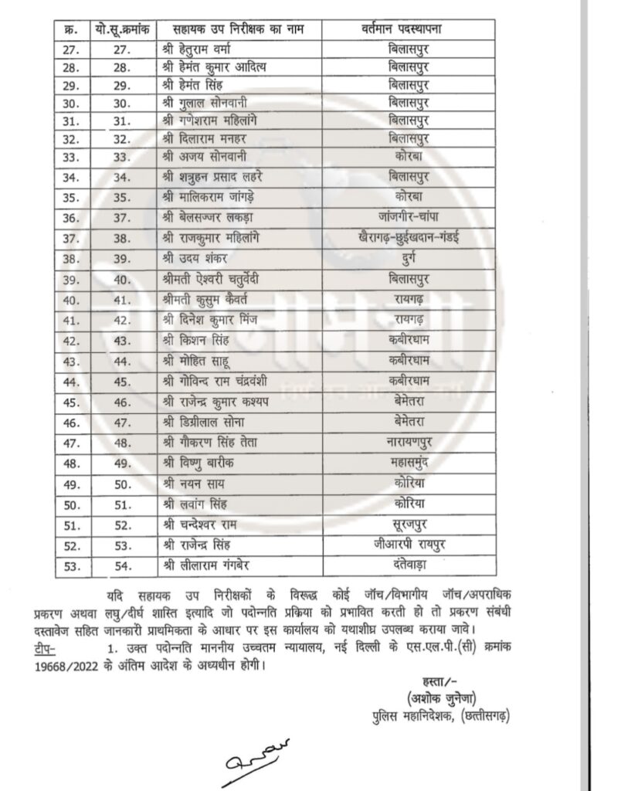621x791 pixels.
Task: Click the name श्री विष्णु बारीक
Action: coord(196,463)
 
